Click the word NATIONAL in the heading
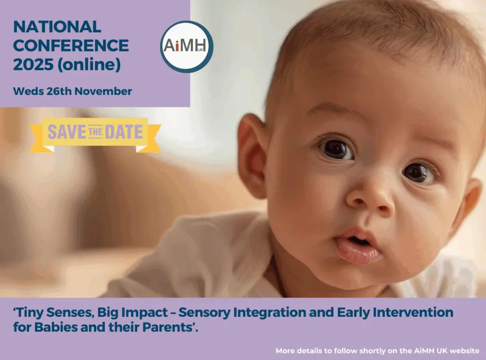(57, 27)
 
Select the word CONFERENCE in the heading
(71, 46)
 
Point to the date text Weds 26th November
(73, 92)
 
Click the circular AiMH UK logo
(187, 47)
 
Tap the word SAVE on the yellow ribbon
(67, 132)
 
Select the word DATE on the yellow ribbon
(124, 132)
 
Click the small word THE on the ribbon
(95, 132)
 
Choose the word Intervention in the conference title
(413, 312)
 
